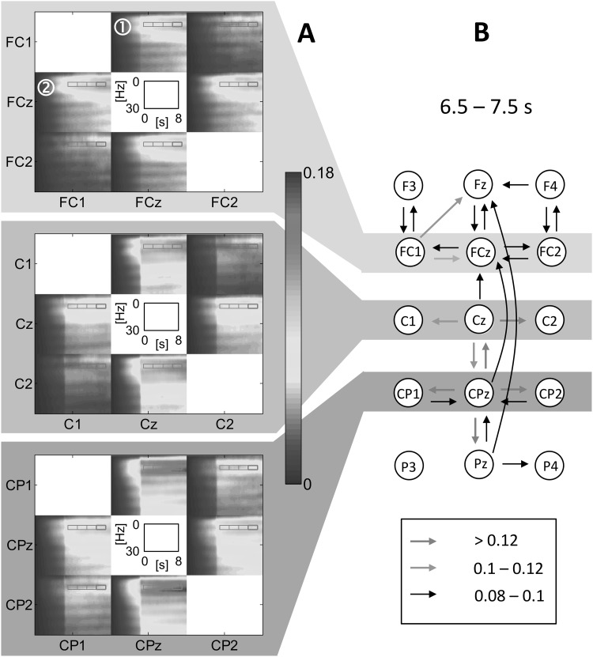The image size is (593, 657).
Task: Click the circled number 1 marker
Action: [123, 26]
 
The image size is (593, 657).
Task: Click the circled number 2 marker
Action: [45, 88]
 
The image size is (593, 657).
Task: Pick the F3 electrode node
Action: [409, 187]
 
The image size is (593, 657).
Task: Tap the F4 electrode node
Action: [551, 187]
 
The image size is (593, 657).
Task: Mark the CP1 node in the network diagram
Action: [409, 393]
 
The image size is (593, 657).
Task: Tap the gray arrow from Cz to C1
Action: [444, 321]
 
